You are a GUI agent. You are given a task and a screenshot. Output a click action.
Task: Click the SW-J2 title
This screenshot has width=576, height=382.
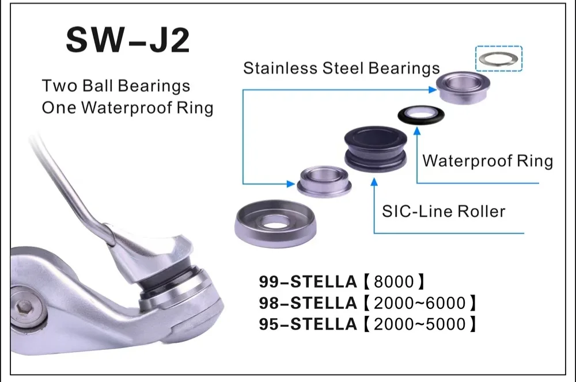[x=128, y=40]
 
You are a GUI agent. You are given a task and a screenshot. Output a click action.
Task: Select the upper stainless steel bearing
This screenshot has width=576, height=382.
[x=463, y=87]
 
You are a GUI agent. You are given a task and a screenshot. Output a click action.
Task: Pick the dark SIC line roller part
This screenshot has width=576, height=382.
[x=376, y=148]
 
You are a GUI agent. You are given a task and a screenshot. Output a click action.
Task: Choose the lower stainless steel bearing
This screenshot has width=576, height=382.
[x=324, y=182]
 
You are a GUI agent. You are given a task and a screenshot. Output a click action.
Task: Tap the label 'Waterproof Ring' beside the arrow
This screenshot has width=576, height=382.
[x=487, y=161]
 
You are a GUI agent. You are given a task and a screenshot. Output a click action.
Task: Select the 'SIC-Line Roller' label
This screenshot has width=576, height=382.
[x=444, y=211]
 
